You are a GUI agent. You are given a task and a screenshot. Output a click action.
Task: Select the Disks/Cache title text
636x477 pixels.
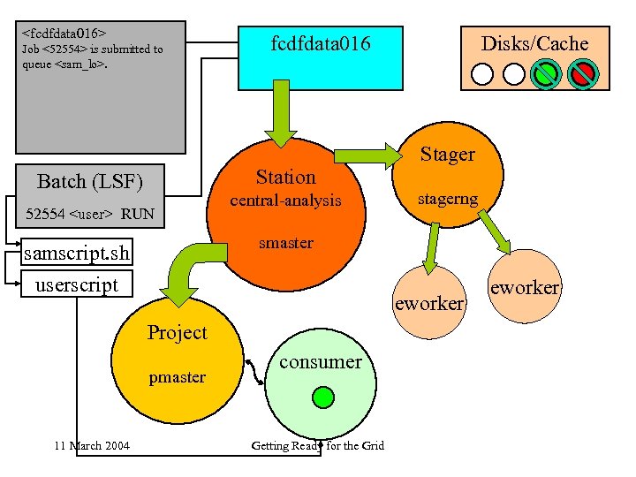pyautogui.click(x=534, y=43)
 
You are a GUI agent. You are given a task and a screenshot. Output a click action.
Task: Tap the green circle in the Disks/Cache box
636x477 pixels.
pyautogui.click(x=548, y=72)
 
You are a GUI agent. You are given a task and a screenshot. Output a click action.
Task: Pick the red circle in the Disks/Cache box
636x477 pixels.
pyautogui.click(x=582, y=72)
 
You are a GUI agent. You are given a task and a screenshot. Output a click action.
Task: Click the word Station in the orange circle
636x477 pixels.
pyautogui.click(x=285, y=177)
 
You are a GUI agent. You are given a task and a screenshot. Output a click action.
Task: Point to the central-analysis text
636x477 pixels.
pyautogui.click(x=285, y=201)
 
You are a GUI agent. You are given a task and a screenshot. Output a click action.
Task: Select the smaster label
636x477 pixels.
pyautogui.click(x=285, y=243)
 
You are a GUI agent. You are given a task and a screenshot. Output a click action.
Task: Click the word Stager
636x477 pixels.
pyautogui.click(x=447, y=155)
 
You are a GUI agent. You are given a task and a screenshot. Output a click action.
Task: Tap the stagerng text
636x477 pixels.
pyautogui.click(x=448, y=200)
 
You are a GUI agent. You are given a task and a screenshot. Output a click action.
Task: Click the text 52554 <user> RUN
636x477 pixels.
pyautogui.click(x=90, y=214)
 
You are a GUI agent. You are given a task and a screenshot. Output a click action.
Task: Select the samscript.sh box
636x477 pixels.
pyautogui.click(x=77, y=254)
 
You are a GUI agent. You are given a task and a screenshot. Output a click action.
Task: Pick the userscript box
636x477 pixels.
pyautogui.click(x=76, y=284)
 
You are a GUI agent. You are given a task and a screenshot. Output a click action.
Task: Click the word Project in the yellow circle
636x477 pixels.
pyautogui.click(x=177, y=333)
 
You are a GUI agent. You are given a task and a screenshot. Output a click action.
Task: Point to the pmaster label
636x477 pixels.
pyautogui.click(x=177, y=377)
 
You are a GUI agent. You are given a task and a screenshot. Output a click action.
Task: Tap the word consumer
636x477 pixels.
pyautogui.click(x=320, y=361)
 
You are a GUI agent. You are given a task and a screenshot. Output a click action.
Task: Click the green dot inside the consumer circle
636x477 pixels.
pyautogui.click(x=323, y=397)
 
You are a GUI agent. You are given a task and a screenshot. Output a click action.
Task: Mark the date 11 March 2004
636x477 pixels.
pyautogui.click(x=91, y=445)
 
